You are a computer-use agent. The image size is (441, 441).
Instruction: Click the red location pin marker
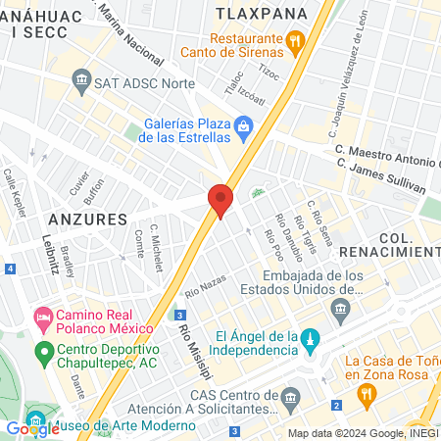click(220, 200)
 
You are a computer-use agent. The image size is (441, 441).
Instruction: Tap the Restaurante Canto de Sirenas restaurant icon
click(293, 40)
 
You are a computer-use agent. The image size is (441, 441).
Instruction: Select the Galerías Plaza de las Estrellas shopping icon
click(244, 125)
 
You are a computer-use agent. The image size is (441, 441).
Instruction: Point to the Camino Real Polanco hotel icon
click(43, 317)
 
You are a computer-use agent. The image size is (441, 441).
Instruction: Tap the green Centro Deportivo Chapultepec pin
click(43, 351)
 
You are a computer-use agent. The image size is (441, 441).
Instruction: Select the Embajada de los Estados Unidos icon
click(341, 311)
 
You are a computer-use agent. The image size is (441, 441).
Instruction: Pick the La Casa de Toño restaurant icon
click(367, 395)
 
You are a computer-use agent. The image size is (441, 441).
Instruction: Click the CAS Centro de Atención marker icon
click(289, 398)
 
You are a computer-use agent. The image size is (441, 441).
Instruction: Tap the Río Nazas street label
click(205, 287)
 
